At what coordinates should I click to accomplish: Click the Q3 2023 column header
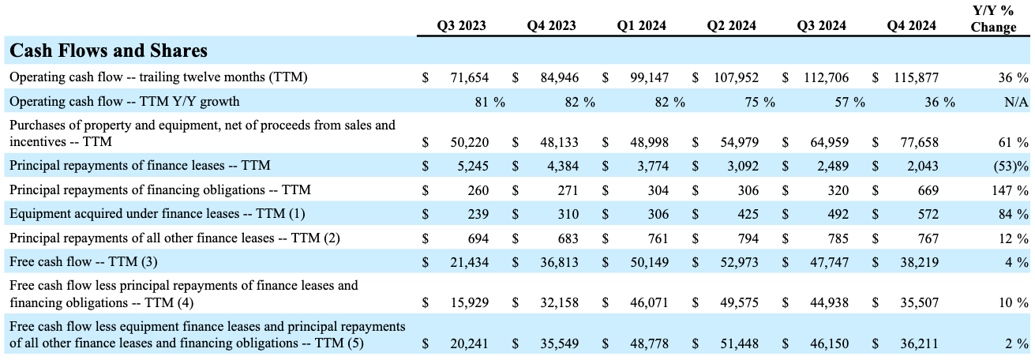pos(461,25)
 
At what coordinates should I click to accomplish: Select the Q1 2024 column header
pos(641,25)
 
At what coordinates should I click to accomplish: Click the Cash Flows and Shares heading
pos(108,51)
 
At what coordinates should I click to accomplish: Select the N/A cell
pos(1017,101)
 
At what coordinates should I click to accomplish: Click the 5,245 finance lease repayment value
pos(471,167)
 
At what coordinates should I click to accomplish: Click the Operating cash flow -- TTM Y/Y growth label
pos(124,101)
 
